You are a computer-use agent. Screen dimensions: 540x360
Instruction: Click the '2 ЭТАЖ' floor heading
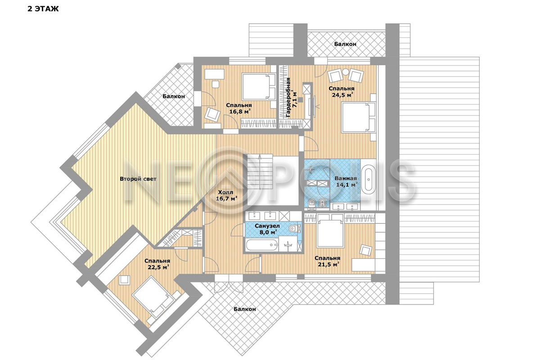coord(43,9)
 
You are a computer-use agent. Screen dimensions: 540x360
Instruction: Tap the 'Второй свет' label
coord(138,179)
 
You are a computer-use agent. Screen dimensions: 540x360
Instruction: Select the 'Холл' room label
coord(225,192)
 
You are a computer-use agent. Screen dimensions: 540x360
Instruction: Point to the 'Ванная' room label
coord(346,179)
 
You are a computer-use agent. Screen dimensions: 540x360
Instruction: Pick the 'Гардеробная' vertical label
coord(288,98)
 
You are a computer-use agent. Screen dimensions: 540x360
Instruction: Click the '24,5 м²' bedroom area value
coord(343,95)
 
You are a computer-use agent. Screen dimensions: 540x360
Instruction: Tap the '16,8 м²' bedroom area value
coord(239,112)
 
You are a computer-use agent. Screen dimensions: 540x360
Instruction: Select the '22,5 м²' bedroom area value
coord(158,267)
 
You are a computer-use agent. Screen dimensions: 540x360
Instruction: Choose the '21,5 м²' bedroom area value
coord(328,264)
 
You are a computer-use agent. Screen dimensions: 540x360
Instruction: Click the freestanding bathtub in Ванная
coord(369,180)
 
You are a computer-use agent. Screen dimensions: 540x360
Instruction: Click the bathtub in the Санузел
coord(262,245)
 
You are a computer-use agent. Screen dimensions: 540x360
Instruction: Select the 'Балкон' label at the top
coord(345,44)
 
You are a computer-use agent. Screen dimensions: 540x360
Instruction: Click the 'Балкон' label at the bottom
coord(245,309)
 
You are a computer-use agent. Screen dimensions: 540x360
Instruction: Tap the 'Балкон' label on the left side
coord(174,96)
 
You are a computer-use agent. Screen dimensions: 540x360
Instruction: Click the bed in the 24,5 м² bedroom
coord(359,117)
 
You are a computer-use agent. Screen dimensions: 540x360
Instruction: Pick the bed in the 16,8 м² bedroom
coord(259,87)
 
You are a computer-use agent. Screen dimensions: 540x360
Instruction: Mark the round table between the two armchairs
coord(346,72)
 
